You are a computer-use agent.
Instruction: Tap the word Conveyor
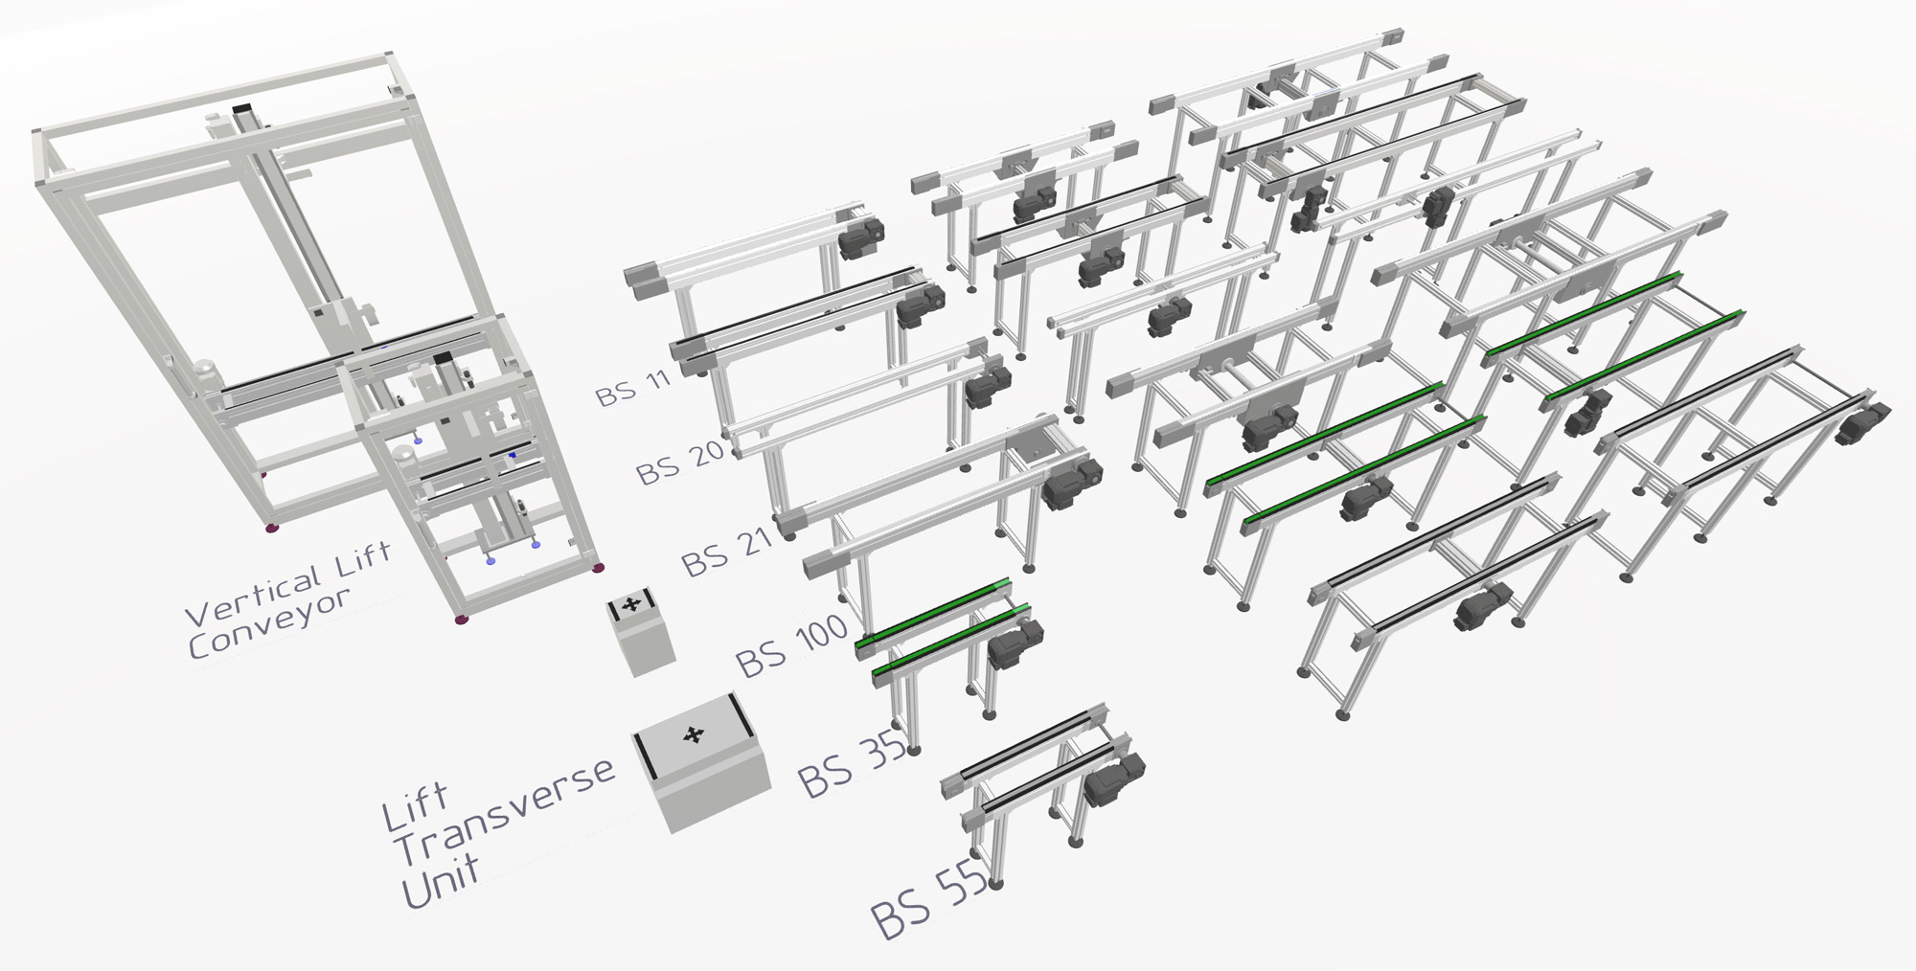pos(270,621)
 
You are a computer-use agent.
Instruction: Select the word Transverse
pos(506,811)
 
